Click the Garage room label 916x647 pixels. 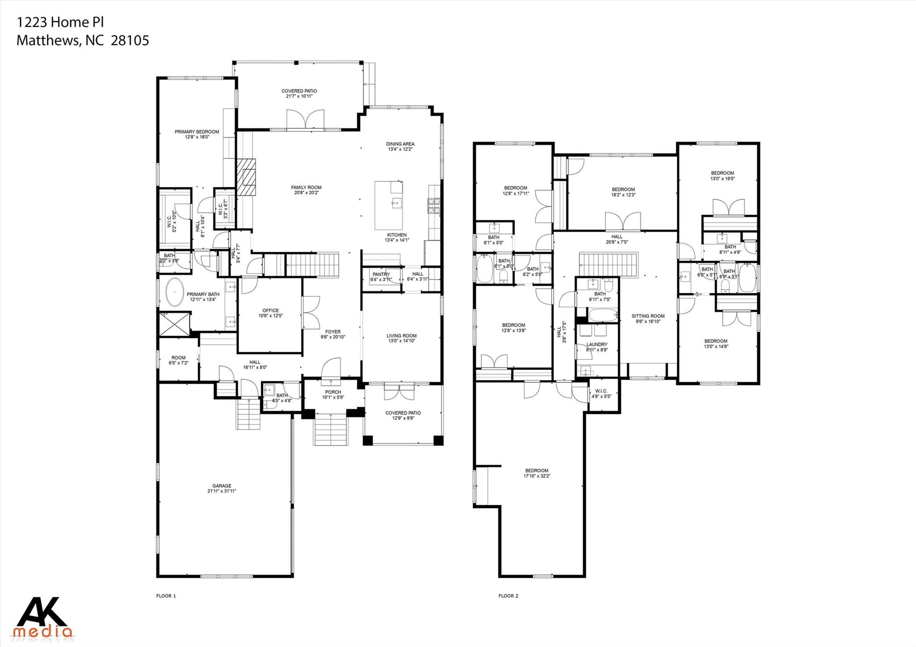pos(221,486)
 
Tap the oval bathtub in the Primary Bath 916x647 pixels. pos(174,292)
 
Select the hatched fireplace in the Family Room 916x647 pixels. pos(246,177)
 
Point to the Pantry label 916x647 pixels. pos(381,275)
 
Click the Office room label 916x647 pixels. pos(271,310)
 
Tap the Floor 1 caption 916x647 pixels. pos(166,596)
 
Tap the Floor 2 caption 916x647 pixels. pos(509,596)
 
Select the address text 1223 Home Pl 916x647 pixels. pos(60,22)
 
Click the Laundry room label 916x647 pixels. pos(597,344)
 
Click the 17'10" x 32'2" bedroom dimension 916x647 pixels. pos(537,476)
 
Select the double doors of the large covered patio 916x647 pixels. pos(305,120)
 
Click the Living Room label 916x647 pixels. pos(402,336)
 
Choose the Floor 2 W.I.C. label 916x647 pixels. pos(601,390)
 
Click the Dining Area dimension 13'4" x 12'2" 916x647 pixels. pos(400,149)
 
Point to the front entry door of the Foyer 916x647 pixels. pos(331,368)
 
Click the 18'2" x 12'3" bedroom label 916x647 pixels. pos(623,189)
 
